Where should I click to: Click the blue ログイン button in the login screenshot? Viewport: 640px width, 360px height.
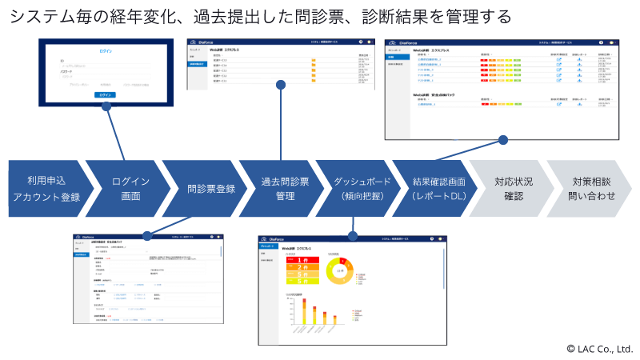(106, 94)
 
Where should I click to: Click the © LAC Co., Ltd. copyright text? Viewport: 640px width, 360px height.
(599, 349)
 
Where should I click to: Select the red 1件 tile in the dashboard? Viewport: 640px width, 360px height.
(298, 260)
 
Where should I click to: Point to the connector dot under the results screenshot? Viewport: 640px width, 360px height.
(503, 140)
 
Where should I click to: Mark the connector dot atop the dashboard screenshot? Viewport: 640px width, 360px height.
(353, 234)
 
